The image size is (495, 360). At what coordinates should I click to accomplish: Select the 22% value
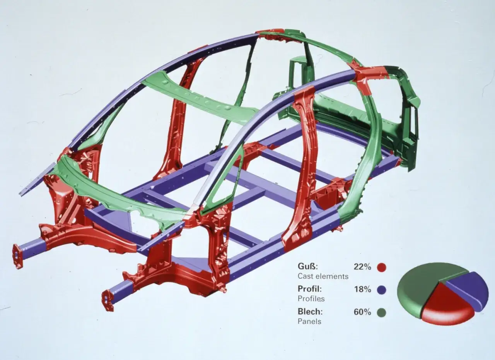(362, 267)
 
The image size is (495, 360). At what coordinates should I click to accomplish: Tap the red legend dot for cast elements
(382, 267)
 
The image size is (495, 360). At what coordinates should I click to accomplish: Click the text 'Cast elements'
(323, 276)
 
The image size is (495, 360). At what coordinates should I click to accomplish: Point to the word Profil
(310, 288)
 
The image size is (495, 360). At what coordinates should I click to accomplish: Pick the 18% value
(362, 289)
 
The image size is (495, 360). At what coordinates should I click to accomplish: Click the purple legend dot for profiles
(382, 290)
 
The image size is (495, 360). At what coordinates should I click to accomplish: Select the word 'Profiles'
(311, 299)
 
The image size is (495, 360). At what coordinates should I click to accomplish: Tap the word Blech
(310, 311)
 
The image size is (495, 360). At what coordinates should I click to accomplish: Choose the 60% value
(362, 312)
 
